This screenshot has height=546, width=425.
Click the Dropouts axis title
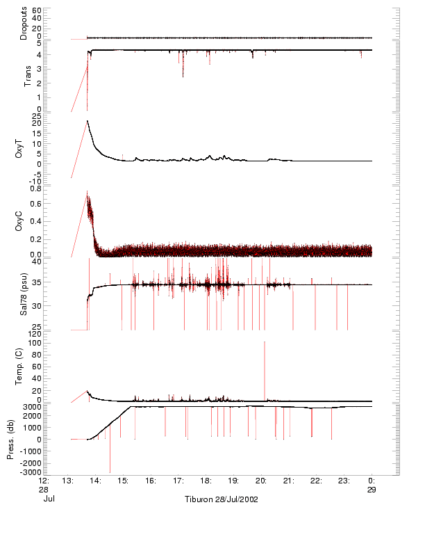click(24, 24)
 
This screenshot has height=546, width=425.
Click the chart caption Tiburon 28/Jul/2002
click(222, 499)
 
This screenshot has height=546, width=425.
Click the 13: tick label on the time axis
click(68, 481)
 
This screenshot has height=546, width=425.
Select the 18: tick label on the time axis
click(206, 481)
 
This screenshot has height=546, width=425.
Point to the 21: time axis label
click(288, 481)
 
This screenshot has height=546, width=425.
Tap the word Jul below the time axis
click(49, 499)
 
